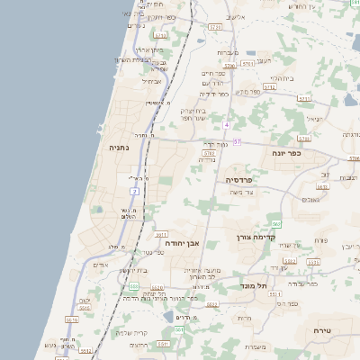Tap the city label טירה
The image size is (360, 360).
click(322, 331)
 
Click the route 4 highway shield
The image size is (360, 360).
click(228, 124)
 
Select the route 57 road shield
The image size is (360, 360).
click(237, 142)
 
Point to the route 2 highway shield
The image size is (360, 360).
click(134, 191)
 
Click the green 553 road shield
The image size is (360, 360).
click(132, 286)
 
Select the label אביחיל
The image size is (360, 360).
click(150, 81)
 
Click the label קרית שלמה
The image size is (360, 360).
click(131, 333)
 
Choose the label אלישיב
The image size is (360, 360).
click(236, 17)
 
